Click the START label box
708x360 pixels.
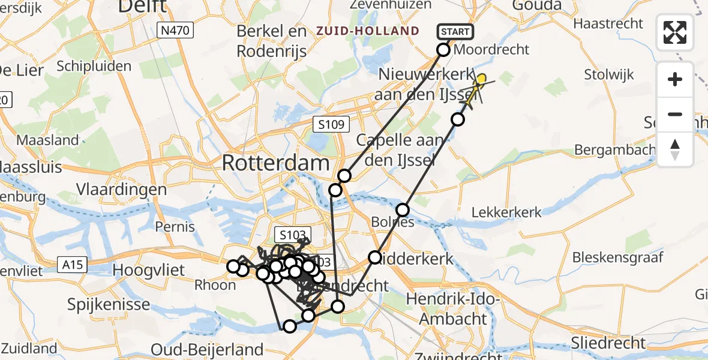(456, 31)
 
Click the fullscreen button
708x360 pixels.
(675, 32)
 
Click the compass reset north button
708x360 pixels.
(675, 149)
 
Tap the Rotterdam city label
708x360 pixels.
(276, 163)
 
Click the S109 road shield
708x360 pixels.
(331, 125)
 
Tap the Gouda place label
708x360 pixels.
(537, 6)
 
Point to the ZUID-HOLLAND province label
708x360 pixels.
(368, 31)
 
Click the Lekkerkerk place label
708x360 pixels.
(507, 212)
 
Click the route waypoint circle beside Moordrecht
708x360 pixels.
(443, 50)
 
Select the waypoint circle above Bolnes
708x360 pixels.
(403, 210)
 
